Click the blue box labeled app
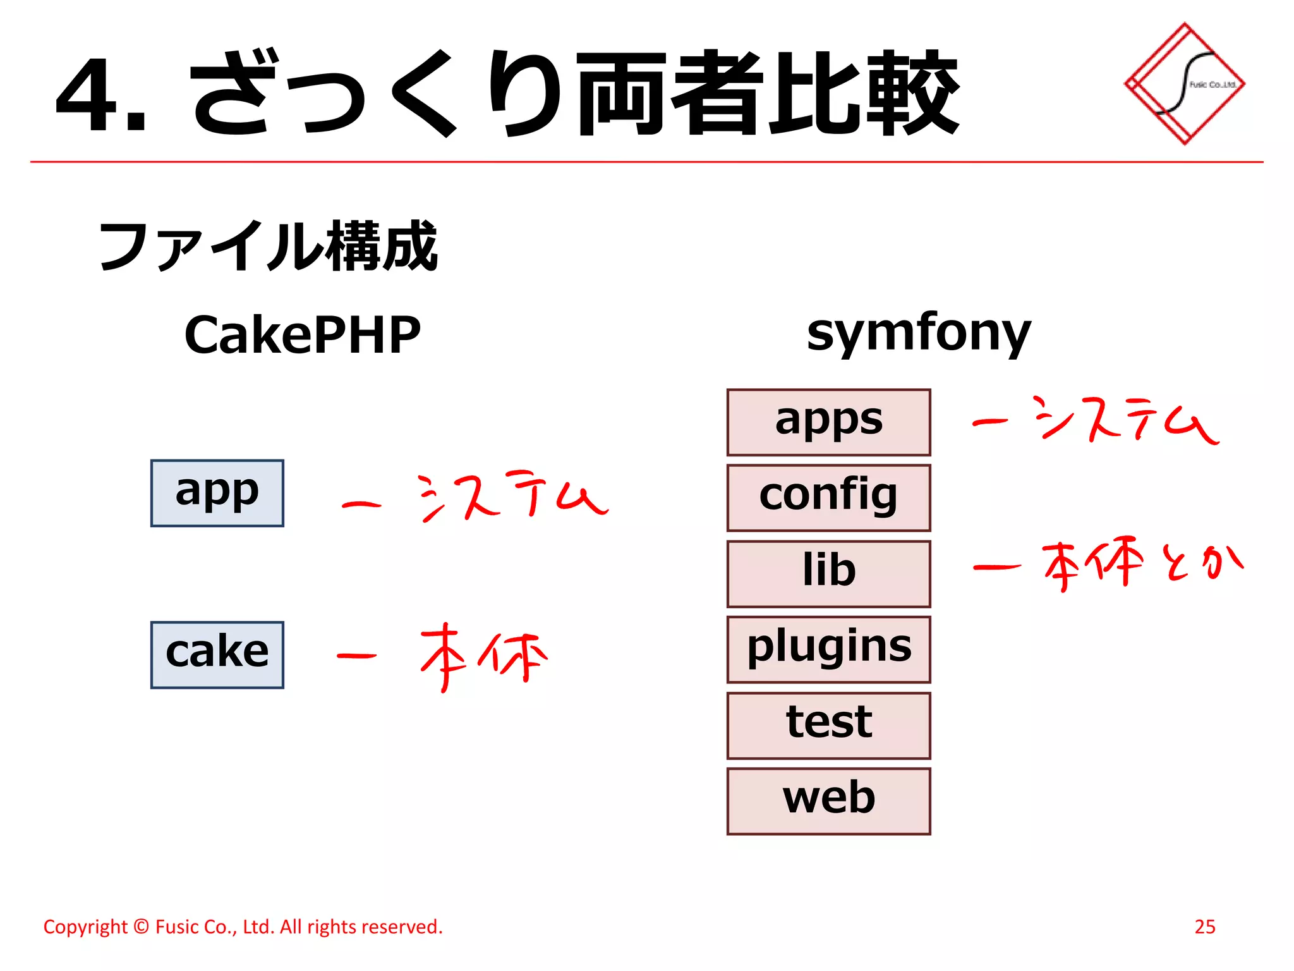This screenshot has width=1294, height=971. click(217, 493)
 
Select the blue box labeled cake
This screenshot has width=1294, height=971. click(217, 654)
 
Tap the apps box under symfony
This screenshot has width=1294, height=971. click(828, 422)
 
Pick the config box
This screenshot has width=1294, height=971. click(828, 498)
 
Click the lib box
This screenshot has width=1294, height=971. click(828, 573)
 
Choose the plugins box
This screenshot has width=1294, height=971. click(828, 649)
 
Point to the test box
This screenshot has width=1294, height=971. click(828, 725)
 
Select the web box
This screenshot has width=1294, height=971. click(828, 801)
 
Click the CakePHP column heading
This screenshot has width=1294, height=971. click(302, 335)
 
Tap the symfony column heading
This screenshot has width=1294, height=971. click(918, 333)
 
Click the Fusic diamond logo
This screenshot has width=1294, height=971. click(1184, 84)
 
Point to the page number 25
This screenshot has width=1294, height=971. click(1204, 926)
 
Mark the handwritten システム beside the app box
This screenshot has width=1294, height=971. click(512, 496)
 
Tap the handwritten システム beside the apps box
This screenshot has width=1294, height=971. click(1125, 420)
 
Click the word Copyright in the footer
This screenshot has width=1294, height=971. click(85, 927)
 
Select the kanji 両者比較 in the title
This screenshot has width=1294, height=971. click(768, 94)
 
